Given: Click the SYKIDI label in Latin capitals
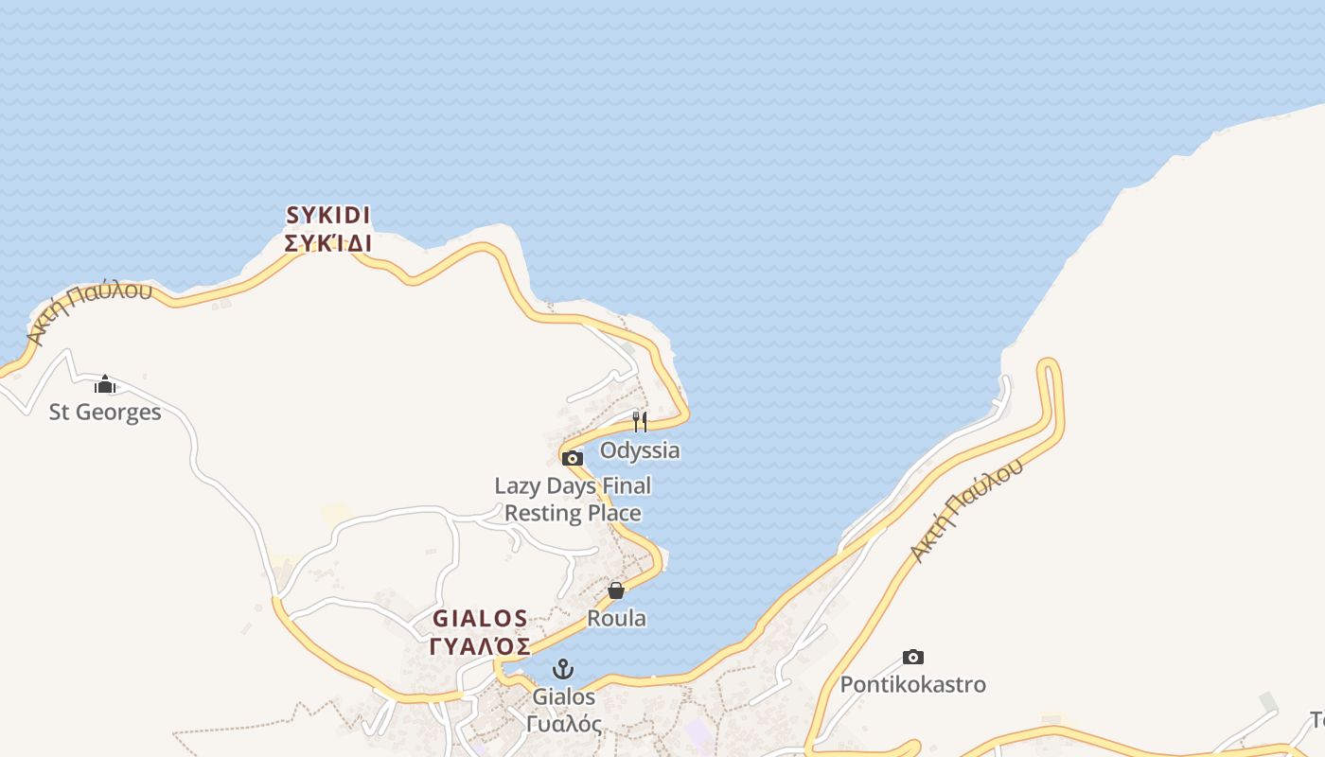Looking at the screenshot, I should coord(327,216).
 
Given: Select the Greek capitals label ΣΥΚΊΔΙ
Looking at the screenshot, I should coord(327,243).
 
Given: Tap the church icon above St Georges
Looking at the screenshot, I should coord(105,384).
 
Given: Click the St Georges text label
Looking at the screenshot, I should coord(105,413).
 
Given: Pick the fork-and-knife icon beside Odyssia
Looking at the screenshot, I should coord(640,422).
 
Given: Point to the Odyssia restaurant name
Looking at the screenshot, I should coord(640,450).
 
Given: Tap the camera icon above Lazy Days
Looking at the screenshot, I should coord(572,459).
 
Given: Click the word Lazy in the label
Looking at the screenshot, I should coord(519,486).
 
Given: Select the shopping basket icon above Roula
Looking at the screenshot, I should coord(616,591).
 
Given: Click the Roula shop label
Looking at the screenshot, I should coord(617,619).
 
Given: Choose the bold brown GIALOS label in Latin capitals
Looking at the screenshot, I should coord(480,619).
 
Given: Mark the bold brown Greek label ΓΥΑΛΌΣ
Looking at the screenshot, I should coord(480,646).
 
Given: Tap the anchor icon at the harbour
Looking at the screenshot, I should coord(563,670).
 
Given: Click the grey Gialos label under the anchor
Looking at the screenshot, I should coord(564,697).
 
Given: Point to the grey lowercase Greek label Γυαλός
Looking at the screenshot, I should coord(564,724).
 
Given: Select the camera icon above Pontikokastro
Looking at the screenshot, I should coord(912,657).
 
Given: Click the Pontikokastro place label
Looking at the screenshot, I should coord(913,684).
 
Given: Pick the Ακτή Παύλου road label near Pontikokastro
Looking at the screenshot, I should coord(965,511).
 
